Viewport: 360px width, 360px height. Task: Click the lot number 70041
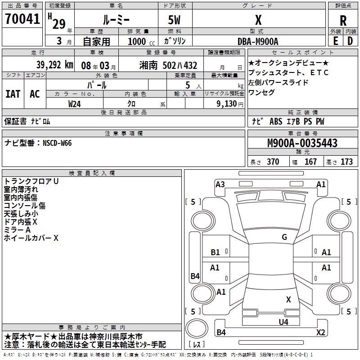[x=22, y=19]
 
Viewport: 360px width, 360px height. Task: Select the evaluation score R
[x=343, y=21]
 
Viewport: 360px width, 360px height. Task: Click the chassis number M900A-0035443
[x=302, y=143]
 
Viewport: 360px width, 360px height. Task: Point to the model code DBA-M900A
[x=258, y=41]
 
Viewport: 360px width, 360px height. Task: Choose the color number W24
[x=74, y=103]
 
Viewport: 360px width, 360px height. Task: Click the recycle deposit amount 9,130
[x=224, y=103]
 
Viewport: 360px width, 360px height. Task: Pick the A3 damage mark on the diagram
[x=220, y=184]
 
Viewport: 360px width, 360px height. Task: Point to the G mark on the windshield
[x=284, y=237]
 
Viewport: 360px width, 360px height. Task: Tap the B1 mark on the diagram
[x=216, y=252]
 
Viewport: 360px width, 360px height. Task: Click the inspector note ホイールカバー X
[x=31, y=238]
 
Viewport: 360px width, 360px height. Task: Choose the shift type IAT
[x=13, y=94]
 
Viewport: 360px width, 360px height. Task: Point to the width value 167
[x=310, y=162]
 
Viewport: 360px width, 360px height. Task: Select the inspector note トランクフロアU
[x=31, y=181]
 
